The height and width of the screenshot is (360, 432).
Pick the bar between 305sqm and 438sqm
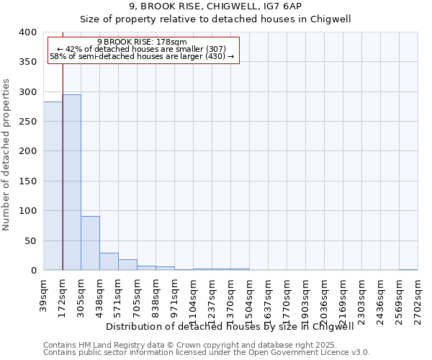click(x=90, y=243)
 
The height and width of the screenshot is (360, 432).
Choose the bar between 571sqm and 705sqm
click(x=127, y=264)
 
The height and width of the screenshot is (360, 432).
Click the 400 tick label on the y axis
click(x=27, y=32)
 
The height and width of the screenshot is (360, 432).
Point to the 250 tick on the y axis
click(x=27, y=122)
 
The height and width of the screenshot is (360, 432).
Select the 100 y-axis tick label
click(x=27, y=211)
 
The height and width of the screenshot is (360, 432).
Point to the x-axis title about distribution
click(x=235, y=326)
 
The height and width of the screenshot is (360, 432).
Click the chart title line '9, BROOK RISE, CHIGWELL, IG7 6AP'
click(x=215, y=6)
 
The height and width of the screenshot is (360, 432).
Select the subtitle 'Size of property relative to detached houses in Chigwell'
click(x=215, y=19)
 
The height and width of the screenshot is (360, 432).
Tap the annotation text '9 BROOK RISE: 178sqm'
click(x=142, y=42)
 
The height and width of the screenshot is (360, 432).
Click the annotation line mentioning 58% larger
click(x=142, y=56)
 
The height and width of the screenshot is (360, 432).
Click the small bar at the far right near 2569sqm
click(x=408, y=269)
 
